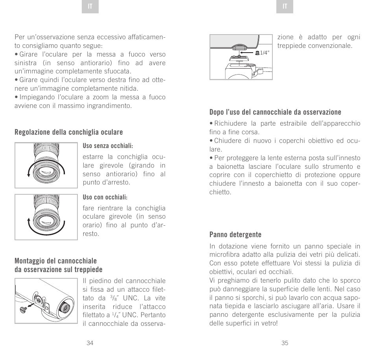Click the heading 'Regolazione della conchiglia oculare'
[69, 132]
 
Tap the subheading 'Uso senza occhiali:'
[108, 146]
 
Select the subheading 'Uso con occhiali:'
[105, 197]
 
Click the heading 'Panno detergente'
[235, 234]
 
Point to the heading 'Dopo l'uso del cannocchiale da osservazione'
[275, 112]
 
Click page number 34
[90, 343]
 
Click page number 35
[285, 343]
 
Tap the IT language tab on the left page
[90, 7]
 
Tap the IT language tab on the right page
[285, 7]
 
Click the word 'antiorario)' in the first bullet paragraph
[107, 63]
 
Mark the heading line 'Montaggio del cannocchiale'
[55, 261]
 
